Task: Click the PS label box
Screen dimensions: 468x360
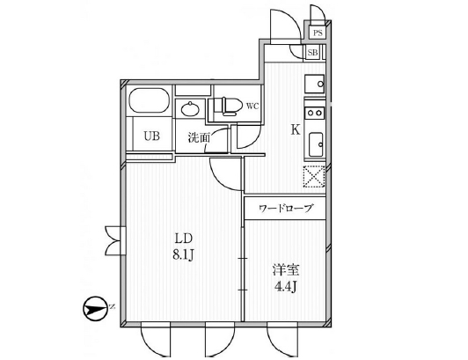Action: [318, 33]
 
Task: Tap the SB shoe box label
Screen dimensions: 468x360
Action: [312, 53]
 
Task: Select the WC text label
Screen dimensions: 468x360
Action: [252, 106]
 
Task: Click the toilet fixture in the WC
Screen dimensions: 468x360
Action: [229, 106]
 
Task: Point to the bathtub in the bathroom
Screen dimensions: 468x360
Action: [150, 100]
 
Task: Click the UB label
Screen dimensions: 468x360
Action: [151, 136]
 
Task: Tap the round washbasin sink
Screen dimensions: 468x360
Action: [190, 109]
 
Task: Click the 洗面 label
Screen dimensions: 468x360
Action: [199, 138]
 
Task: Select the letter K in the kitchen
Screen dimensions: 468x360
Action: [296, 129]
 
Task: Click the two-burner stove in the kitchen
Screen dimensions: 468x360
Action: [315, 113]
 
